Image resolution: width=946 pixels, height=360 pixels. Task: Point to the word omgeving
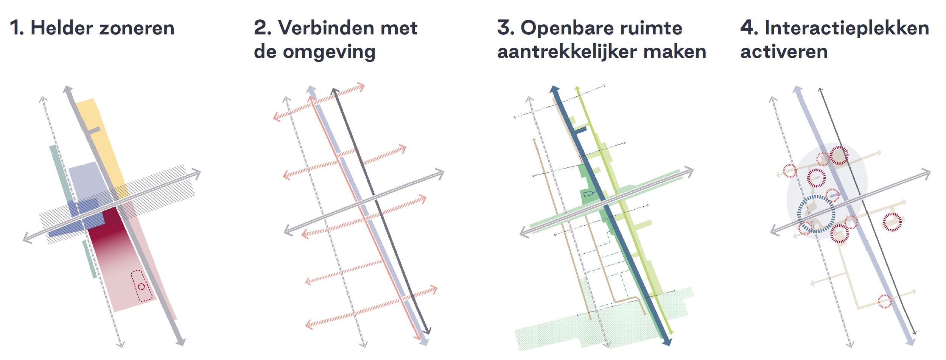(329, 52)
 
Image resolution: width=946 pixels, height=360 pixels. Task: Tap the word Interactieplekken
(846, 28)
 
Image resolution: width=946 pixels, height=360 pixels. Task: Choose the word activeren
(784, 52)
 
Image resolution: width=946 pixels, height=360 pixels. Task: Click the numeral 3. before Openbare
(506, 28)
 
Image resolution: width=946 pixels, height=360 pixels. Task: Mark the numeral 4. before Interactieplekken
(749, 28)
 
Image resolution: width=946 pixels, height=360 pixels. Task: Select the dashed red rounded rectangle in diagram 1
(142, 286)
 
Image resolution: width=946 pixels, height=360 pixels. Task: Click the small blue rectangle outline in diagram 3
(588, 194)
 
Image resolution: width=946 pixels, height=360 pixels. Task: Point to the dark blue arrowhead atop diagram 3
(554, 90)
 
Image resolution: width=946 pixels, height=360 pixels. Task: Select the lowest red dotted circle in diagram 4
(884, 301)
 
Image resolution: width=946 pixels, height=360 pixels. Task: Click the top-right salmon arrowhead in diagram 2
(361, 87)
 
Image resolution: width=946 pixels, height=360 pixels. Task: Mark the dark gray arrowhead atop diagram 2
(334, 91)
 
